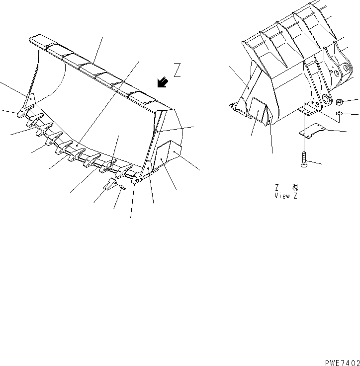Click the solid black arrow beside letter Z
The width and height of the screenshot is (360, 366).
click(162, 82)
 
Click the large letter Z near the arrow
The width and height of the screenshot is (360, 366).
click(178, 70)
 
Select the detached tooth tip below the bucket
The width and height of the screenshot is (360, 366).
click(110, 186)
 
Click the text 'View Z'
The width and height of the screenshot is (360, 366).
click(285, 196)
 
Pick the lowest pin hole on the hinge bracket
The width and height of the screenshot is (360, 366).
click(326, 98)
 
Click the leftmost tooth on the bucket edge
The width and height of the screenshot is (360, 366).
click(23, 113)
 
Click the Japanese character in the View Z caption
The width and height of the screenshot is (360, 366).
click(295, 187)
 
